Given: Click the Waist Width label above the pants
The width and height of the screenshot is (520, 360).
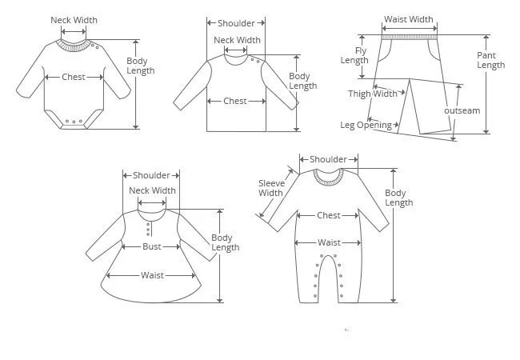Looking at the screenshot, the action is click(x=409, y=19).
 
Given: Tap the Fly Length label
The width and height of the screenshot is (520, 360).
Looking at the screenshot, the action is click(x=354, y=55).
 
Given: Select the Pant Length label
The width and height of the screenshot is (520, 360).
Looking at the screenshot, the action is click(x=490, y=60).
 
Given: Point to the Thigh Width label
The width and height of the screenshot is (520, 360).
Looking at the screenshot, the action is click(x=373, y=94).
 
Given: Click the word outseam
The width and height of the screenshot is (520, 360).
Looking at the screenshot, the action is click(x=462, y=110).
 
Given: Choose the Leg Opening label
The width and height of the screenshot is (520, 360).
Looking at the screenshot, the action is click(x=366, y=125).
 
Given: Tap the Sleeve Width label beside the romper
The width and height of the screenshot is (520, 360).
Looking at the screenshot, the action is click(x=270, y=188).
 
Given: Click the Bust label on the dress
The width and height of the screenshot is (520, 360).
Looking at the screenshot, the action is click(x=152, y=246).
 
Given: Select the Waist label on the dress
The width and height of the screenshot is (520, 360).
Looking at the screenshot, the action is click(x=152, y=275).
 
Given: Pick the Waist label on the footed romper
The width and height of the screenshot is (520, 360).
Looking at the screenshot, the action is click(x=329, y=242).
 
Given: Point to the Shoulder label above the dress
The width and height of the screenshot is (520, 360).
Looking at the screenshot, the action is click(x=151, y=175).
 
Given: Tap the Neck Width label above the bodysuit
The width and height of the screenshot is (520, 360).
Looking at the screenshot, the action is click(x=74, y=20).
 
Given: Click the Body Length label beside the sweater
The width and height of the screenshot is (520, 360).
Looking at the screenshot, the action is click(x=302, y=81).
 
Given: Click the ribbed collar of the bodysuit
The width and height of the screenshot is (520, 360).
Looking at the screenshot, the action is click(x=74, y=46).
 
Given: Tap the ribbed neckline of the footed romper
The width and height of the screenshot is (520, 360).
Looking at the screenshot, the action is click(x=328, y=177).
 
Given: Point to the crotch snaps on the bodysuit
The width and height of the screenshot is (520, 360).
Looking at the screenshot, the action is click(x=74, y=122).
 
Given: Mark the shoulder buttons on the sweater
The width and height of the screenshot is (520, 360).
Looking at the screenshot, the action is click(x=255, y=59).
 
